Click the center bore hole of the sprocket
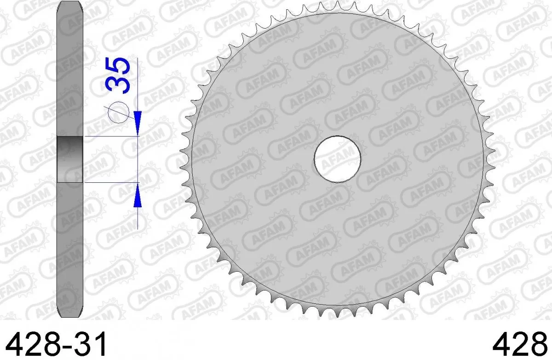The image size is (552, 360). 337,158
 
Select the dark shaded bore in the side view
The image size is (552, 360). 69,159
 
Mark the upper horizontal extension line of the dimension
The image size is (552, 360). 110,136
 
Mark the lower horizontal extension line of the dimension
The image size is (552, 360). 110,183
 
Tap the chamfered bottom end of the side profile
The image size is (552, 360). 69,313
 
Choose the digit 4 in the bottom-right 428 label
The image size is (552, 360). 500,343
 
